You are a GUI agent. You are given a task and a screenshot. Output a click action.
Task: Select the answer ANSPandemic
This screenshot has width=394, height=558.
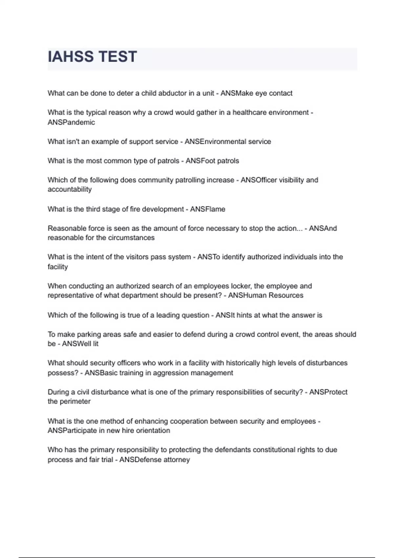point(71,122)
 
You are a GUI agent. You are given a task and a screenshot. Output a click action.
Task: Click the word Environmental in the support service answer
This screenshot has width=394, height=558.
point(223,141)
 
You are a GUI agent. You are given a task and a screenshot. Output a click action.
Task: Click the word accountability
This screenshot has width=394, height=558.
point(70,189)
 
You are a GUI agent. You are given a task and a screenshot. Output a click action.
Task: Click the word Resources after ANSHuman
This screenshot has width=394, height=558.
point(286,295)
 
